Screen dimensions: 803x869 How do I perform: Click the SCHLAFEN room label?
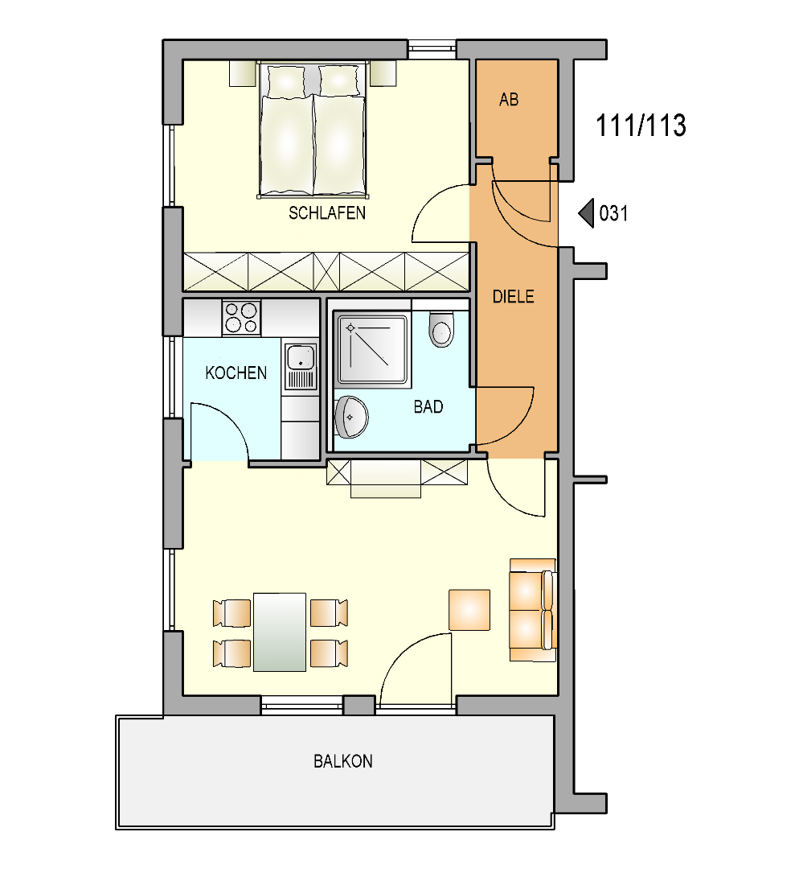tap(326, 212)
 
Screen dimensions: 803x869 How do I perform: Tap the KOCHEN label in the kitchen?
tap(236, 373)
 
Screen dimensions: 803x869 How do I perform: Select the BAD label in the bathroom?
tap(428, 407)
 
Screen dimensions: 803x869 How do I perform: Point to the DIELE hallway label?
tap(514, 296)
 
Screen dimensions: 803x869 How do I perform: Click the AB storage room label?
tap(509, 100)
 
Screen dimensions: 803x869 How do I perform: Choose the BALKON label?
tap(342, 761)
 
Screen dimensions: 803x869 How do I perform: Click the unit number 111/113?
tap(641, 126)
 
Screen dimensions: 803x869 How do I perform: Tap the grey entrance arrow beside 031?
tap(586, 212)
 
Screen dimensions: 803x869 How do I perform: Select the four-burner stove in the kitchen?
tap(241, 318)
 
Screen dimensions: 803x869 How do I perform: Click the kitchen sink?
tap(301, 366)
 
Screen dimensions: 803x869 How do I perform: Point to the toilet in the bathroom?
tap(440, 328)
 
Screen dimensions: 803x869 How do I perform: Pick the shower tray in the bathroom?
tap(373, 350)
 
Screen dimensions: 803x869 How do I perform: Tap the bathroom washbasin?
tap(351, 417)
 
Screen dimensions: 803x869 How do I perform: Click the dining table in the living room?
tap(280, 632)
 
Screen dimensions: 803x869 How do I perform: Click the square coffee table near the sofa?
tap(469, 610)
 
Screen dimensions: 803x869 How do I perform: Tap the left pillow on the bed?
tap(286, 81)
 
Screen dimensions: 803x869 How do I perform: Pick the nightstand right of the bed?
tap(383, 73)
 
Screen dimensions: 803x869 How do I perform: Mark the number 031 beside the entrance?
tap(613, 213)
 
